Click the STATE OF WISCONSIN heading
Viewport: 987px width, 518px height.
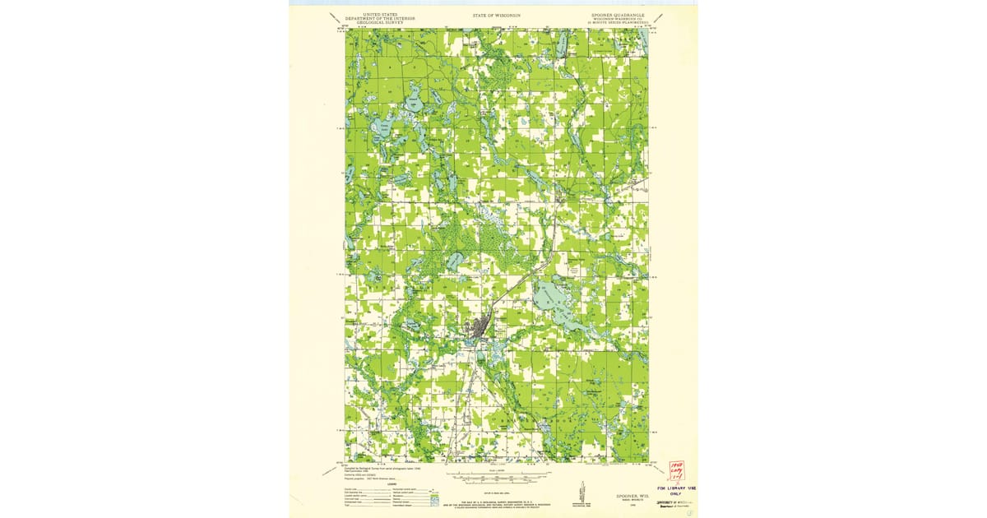point(496,16)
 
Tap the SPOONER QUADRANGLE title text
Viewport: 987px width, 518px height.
point(618,15)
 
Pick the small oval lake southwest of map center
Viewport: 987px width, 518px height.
point(453,261)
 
